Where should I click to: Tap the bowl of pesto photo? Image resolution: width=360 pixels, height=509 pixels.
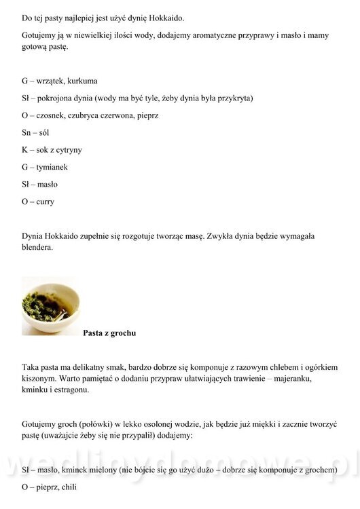click(49, 306)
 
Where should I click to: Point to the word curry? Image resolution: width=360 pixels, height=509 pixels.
click(46, 202)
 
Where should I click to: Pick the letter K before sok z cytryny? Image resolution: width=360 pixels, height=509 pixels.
click(24, 150)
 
